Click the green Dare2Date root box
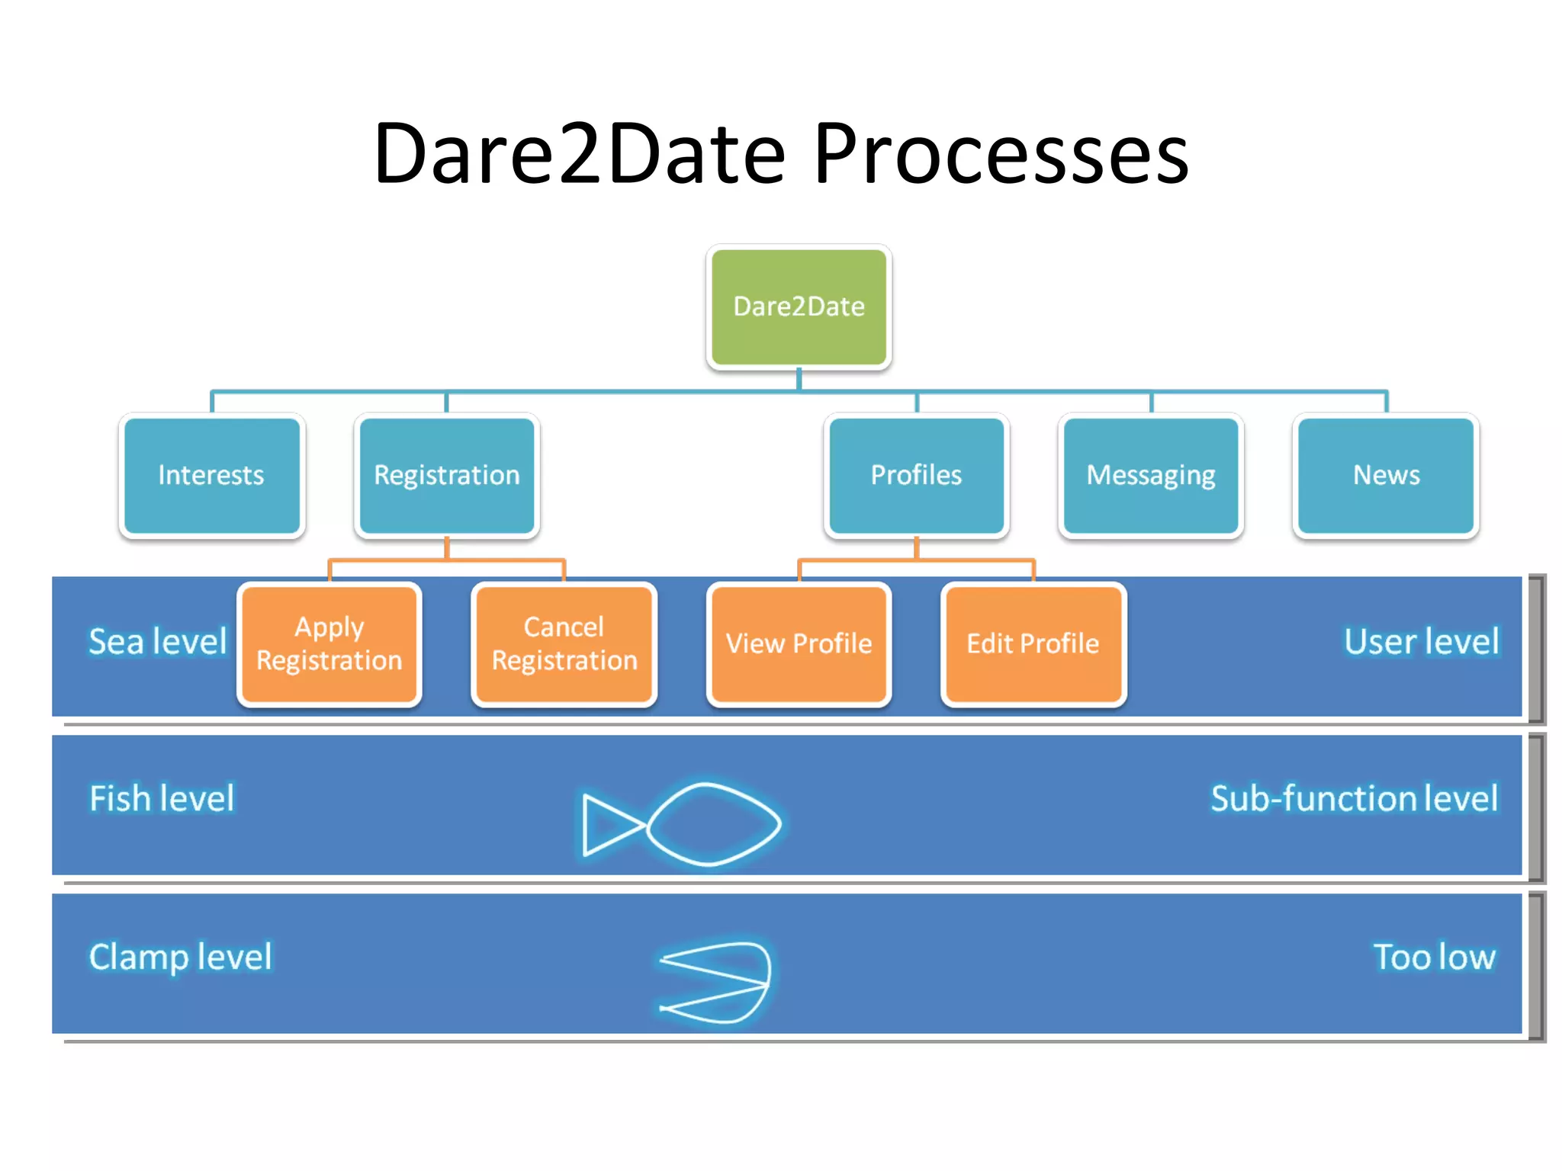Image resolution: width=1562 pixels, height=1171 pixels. (x=799, y=306)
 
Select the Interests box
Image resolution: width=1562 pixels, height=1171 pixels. (x=211, y=475)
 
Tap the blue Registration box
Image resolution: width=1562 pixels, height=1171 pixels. (x=447, y=475)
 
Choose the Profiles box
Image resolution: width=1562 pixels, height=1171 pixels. (x=916, y=475)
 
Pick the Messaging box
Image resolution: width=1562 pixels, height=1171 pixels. (x=1151, y=475)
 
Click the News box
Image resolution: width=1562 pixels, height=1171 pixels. (x=1386, y=475)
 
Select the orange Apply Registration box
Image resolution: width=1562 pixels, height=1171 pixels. (x=329, y=643)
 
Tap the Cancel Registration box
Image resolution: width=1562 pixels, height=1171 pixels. (x=564, y=643)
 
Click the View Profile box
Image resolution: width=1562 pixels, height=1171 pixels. (x=799, y=643)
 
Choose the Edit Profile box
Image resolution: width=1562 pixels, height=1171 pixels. (x=1033, y=643)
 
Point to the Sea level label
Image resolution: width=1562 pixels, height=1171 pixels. (x=158, y=641)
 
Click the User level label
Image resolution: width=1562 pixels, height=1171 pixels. (x=1421, y=641)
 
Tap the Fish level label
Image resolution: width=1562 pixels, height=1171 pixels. (x=162, y=798)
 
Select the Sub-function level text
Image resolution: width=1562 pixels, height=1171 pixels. (x=1354, y=798)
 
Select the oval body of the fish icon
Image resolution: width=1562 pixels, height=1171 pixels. (x=714, y=824)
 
